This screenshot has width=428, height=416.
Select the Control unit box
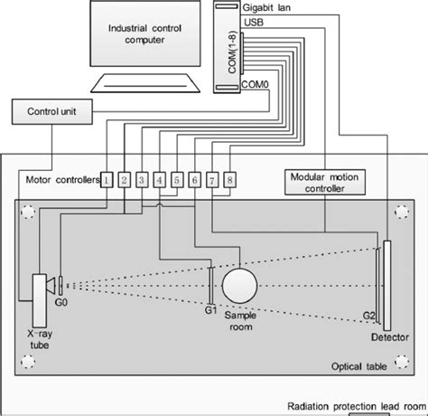click(46, 113)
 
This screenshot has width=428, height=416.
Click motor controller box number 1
click(106, 180)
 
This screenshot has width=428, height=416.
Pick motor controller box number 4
click(160, 180)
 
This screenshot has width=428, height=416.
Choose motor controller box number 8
click(230, 180)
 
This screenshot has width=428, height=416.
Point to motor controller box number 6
click(195, 180)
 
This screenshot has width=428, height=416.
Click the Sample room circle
click(240, 286)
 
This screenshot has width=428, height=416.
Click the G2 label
click(369, 316)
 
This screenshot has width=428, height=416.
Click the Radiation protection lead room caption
click(355, 407)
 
